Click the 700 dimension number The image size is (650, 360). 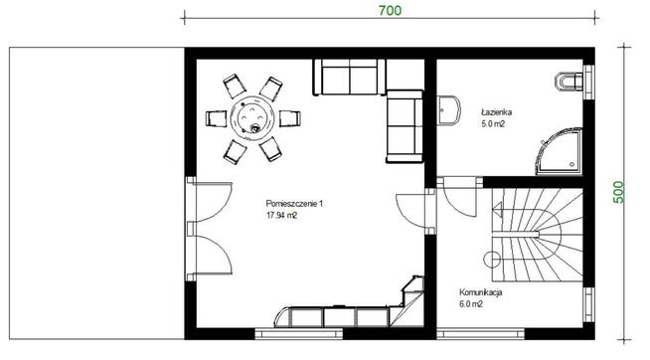point(390,10)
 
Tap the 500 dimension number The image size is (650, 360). point(617,192)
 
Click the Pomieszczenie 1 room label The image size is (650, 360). point(294,204)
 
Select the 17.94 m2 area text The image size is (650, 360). point(281,216)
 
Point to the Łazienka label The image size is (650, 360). point(496,112)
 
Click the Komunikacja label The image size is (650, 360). point(480,292)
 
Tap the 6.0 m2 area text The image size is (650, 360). point(471,304)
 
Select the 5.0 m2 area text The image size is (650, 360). point(493,124)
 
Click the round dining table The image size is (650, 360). point(252,118)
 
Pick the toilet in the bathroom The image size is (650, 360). point(569,82)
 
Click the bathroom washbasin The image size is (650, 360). point(449,110)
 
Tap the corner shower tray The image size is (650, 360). point(559,151)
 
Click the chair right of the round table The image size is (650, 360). point(290,118)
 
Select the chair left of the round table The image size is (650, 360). point(217,118)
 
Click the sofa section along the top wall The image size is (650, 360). point(350,78)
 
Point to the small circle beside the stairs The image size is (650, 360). point(492,260)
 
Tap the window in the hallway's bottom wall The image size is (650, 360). point(480,334)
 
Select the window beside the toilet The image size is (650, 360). point(588,83)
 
